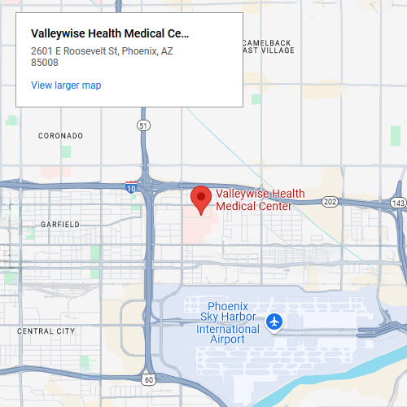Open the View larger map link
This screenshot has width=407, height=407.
click(x=66, y=85)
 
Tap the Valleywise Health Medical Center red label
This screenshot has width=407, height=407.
click(x=260, y=199)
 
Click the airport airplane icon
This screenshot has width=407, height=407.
click(x=275, y=322)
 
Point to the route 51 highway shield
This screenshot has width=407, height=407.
click(x=143, y=125)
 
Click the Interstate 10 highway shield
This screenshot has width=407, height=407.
click(x=131, y=188)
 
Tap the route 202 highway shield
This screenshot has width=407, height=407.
click(x=330, y=201)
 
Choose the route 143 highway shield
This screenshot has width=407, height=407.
click(x=397, y=203)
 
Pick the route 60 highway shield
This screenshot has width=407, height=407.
click(x=148, y=379)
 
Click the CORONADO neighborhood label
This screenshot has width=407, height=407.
click(x=61, y=135)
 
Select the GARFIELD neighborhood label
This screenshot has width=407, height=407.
click(x=60, y=224)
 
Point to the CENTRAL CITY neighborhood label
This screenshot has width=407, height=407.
click(x=46, y=331)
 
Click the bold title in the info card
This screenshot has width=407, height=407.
click(x=109, y=34)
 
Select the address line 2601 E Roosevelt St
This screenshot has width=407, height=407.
click(x=102, y=51)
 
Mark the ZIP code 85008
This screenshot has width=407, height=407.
click(x=44, y=62)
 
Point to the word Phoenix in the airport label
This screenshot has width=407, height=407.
click(x=227, y=306)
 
